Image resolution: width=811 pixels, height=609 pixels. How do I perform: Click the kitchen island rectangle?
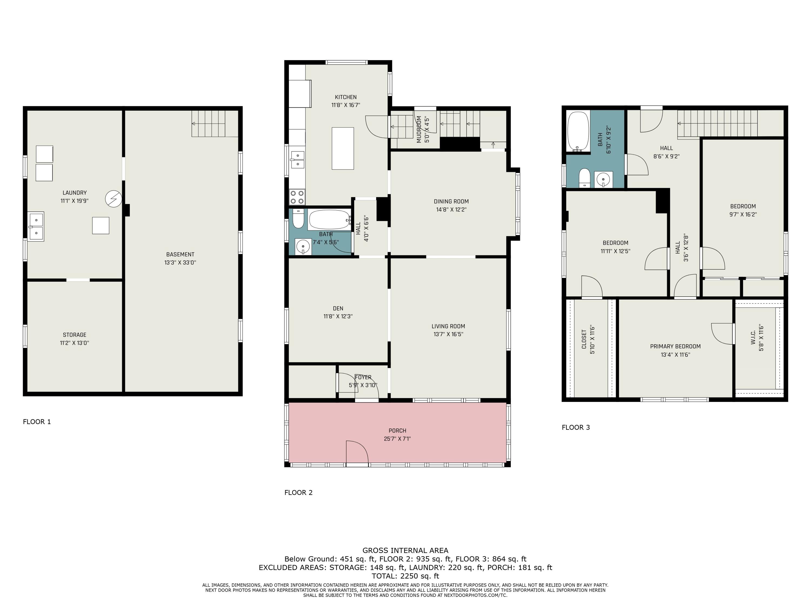343,148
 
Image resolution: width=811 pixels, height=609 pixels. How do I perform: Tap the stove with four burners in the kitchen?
297,197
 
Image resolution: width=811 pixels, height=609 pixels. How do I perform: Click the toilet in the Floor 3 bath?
584,178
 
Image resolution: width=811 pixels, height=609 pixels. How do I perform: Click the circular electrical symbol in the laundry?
113,199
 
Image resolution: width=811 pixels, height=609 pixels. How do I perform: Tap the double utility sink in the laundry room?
36,227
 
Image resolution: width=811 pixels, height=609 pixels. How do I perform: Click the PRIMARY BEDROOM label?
675,346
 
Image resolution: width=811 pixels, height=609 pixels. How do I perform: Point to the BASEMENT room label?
180,254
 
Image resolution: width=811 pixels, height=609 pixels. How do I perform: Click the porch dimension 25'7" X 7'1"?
397,439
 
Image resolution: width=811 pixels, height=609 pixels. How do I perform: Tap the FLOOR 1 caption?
37,422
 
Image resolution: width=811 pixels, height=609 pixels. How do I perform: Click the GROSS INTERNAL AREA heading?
405,550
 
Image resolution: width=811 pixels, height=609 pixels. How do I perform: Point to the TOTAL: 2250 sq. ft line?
405,576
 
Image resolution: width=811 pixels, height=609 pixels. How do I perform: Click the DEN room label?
338,308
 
